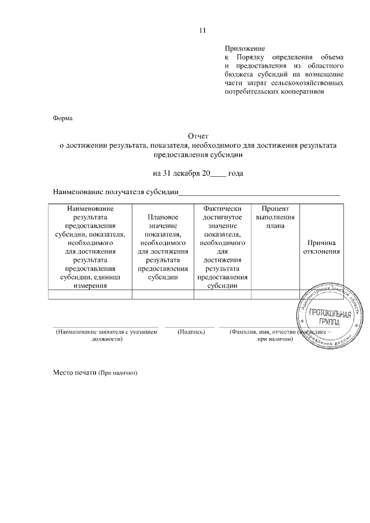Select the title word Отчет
198,136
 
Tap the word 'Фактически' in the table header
222,208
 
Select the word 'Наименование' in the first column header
90,208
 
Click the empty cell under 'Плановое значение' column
162,295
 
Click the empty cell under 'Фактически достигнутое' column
222,295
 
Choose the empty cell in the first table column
90,295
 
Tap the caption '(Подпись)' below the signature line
189,332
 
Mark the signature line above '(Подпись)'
189,327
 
